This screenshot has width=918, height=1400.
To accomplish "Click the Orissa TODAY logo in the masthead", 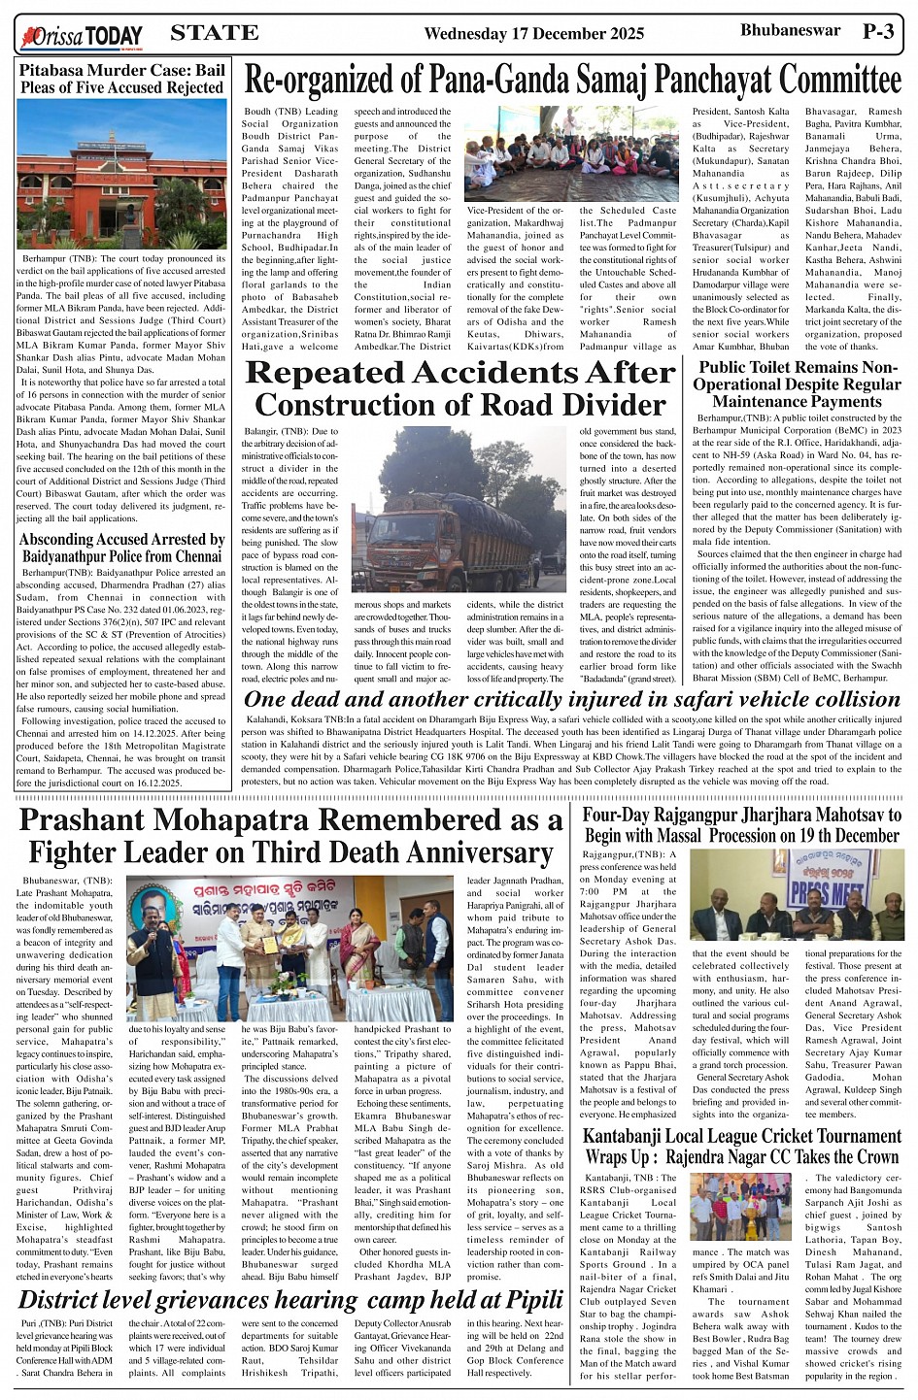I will (x=82, y=37).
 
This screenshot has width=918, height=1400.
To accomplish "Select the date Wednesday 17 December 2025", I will (x=533, y=34).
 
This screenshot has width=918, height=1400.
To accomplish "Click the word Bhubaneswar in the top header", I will (x=790, y=30).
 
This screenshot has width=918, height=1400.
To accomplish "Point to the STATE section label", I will (x=214, y=33).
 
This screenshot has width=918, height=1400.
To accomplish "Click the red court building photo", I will (x=121, y=175).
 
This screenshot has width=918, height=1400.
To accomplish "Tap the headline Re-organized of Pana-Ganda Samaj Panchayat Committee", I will (x=572, y=80).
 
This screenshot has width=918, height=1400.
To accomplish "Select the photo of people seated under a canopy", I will (x=571, y=153).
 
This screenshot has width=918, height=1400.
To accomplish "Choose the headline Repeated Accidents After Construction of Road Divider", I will (x=459, y=388).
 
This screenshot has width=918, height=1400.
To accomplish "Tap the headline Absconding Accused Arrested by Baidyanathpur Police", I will (x=121, y=548).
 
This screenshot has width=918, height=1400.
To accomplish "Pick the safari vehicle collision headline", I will (x=572, y=699).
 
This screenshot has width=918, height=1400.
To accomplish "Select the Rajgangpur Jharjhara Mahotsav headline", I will (x=742, y=825).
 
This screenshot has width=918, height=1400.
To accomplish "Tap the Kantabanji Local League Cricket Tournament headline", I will (x=742, y=1146).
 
